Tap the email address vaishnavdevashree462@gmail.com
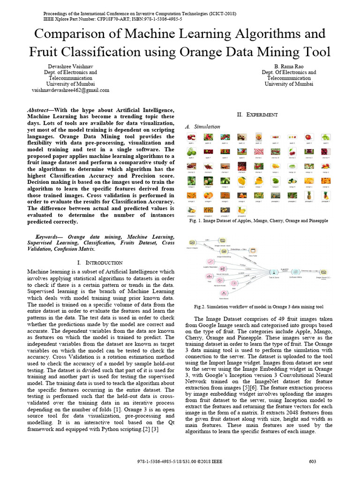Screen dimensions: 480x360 pos(70,90)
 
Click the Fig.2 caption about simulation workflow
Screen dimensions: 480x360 pos(259,307)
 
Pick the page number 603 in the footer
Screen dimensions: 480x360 pos(313,462)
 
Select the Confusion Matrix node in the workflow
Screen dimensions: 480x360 pos(295,272)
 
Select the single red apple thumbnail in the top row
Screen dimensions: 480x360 pos(308,137)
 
